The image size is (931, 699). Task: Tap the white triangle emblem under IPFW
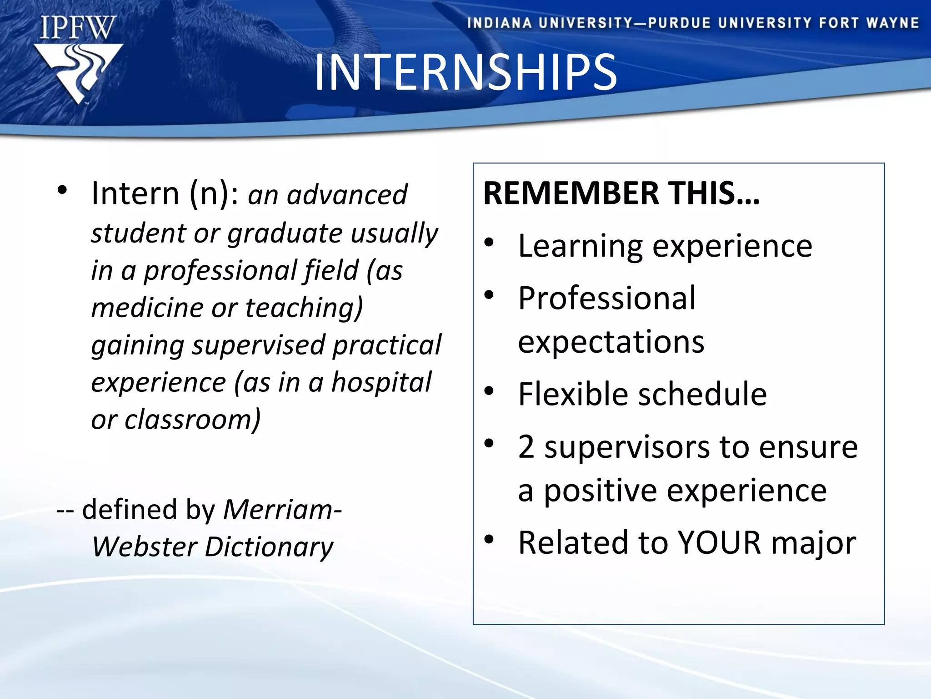78,71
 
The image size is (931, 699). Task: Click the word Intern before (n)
135,194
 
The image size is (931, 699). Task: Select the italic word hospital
381,382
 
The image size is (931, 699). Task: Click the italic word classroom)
193,419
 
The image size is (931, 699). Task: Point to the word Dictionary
269,547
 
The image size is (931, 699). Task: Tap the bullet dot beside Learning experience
489,243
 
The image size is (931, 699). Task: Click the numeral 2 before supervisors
526,447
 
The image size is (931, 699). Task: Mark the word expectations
611,342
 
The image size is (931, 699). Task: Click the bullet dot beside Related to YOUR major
489,540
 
